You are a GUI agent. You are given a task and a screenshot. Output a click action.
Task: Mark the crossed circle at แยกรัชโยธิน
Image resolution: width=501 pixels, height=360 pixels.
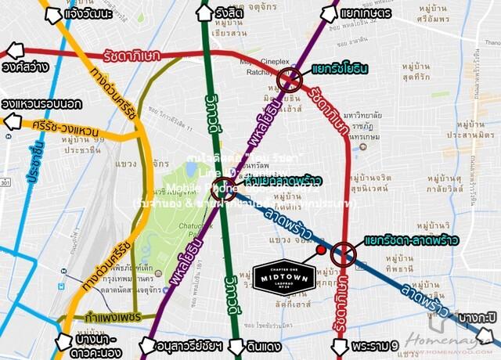(x=289, y=79)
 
